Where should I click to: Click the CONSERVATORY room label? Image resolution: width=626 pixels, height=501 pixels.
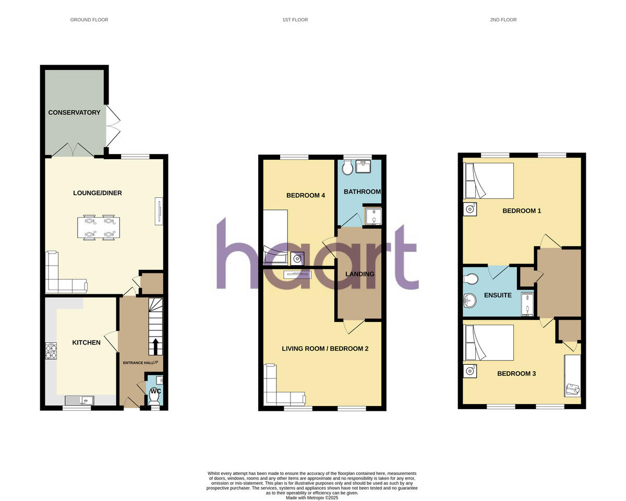[x=74, y=112]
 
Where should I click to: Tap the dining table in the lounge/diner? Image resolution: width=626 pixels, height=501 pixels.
[x=99, y=228]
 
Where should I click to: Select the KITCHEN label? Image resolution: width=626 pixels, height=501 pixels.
[x=86, y=342]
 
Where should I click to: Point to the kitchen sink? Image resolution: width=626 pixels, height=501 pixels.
[x=79, y=401]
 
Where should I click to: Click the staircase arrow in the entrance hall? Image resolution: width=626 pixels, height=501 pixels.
[x=155, y=345]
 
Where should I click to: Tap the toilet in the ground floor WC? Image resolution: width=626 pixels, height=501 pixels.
[x=154, y=398]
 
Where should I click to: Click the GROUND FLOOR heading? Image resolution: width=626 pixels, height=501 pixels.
[x=89, y=20]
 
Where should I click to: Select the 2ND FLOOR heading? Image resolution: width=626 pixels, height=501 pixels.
[x=503, y=20]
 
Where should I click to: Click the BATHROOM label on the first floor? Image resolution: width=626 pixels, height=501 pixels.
[x=362, y=192]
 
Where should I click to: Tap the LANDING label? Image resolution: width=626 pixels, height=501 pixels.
[x=360, y=274]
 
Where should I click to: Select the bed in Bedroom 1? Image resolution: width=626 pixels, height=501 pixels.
[x=489, y=181]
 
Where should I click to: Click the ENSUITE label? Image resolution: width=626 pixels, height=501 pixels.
[x=498, y=295]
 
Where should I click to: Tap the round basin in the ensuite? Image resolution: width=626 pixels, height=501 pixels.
[x=470, y=300]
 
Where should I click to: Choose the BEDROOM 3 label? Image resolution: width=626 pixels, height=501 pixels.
[x=516, y=374]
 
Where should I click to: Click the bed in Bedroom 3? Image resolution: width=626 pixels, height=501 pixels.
[x=489, y=342]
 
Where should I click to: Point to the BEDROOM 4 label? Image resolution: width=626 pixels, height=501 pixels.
[x=306, y=195]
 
